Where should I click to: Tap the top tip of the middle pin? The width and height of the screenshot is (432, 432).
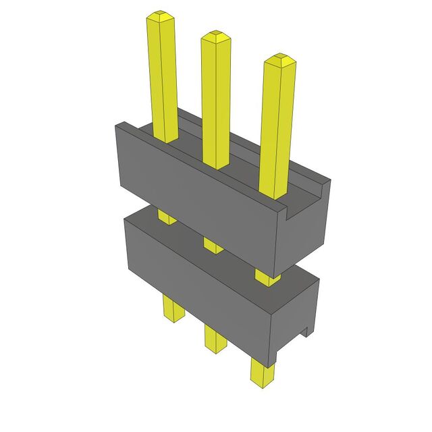point(215,34)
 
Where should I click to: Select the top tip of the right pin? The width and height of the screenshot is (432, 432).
point(278,58)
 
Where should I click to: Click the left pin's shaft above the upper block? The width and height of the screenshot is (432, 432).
point(162,74)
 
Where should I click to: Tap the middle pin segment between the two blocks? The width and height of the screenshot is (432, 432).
point(213,244)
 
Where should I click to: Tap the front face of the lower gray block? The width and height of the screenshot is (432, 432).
point(196,283)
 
